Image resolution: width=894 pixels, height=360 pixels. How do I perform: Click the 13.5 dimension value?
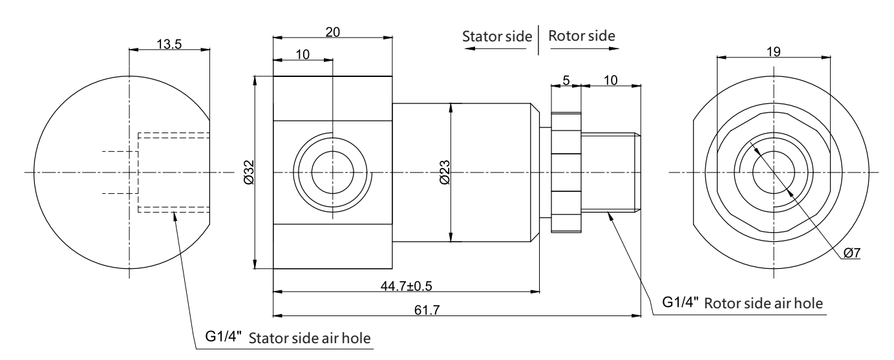click(169, 43)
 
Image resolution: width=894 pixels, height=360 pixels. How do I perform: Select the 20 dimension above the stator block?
click(332, 32)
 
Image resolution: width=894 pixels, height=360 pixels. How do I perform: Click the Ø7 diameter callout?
click(851, 253)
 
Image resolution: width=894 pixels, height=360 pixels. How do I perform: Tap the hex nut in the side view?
click(566, 173)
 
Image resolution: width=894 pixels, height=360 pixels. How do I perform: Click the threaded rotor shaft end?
click(611, 172)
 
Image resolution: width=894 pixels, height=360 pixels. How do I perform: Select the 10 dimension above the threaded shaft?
click(611, 80)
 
